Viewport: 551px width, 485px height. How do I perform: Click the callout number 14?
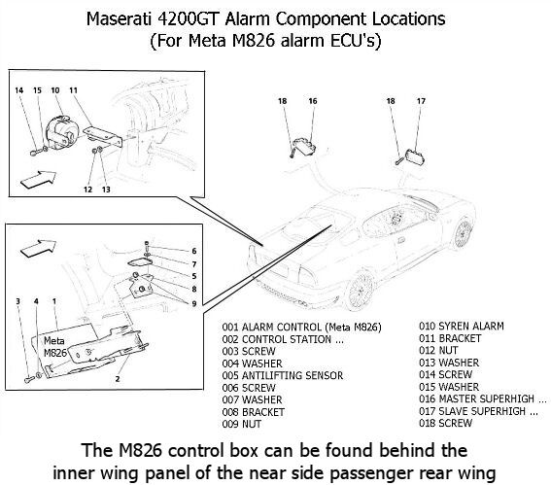[19, 90]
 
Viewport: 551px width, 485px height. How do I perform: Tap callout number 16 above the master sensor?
[313, 101]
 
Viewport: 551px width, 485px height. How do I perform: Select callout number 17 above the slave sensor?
[421, 101]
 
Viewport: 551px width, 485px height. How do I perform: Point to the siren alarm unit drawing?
[62, 132]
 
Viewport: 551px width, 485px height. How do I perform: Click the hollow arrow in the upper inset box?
[38, 179]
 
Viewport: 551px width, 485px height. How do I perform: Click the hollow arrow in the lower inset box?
[38, 248]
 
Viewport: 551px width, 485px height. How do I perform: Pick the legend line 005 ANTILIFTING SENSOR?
[283, 376]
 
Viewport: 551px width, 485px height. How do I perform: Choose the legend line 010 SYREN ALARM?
[462, 327]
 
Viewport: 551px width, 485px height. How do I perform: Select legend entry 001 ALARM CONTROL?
[301, 328]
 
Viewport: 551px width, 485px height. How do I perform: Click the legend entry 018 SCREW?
[445, 423]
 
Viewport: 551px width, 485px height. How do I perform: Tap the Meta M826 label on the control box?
[54, 347]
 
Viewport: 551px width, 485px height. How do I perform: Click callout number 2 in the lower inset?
[118, 379]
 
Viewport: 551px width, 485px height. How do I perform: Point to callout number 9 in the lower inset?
[194, 303]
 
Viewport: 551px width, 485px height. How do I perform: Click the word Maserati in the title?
[120, 19]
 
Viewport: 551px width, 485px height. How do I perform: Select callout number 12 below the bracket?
[87, 190]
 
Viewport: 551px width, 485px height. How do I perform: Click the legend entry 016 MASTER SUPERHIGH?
[482, 398]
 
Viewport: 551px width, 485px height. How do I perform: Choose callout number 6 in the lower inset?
[194, 251]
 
